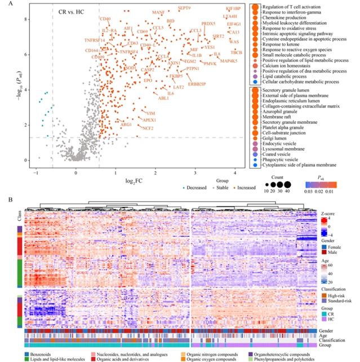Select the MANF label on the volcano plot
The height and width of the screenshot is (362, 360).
(158, 12)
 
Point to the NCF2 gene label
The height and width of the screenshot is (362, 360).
(148, 128)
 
